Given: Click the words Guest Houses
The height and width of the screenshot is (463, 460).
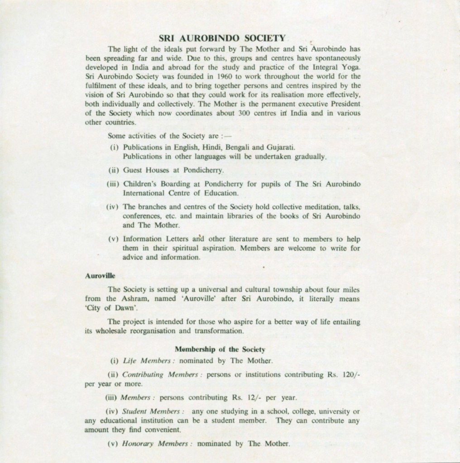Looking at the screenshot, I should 143,171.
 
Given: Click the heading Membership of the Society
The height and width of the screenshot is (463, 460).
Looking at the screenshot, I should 220,349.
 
